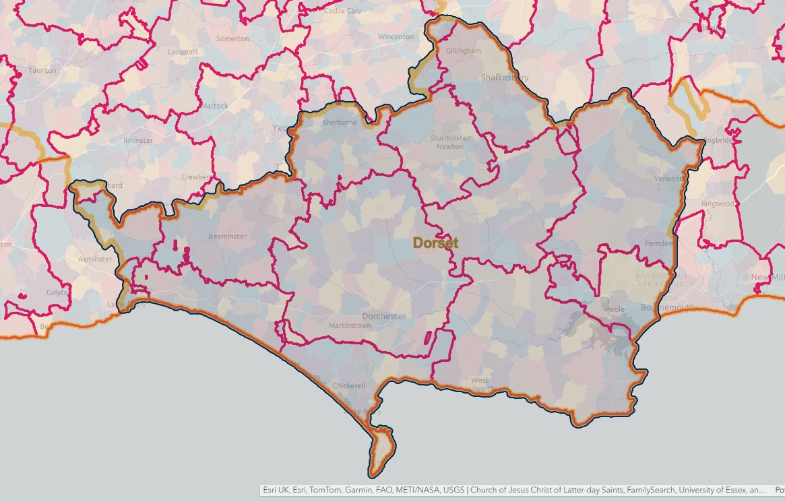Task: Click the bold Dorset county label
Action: tap(435, 243)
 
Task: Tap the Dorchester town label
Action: tap(384, 316)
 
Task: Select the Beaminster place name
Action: tap(228, 237)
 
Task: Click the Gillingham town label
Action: tap(464, 51)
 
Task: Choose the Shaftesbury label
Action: tap(505, 77)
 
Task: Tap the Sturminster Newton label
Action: tap(450, 142)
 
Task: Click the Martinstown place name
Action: tap(350, 326)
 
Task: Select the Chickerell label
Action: tap(349, 386)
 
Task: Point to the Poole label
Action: tap(616, 309)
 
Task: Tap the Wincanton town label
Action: tap(396, 36)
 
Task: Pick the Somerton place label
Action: tap(232, 39)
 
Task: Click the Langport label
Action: tap(183, 52)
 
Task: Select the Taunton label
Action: tap(42, 70)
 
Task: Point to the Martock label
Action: tap(215, 106)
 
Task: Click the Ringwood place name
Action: tap(718, 204)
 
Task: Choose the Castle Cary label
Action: tap(342, 11)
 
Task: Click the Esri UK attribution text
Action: tap(276, 491)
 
